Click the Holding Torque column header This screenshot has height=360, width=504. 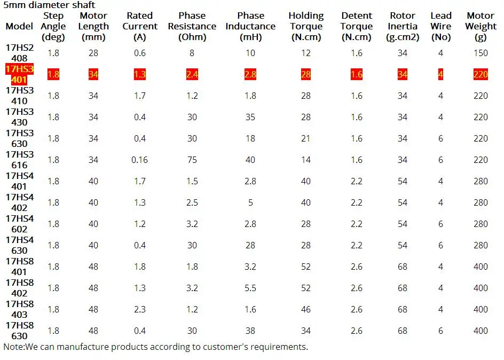pos(306,26)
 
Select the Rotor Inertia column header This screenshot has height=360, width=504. pos(403,26)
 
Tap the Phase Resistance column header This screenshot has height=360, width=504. pos(192,26)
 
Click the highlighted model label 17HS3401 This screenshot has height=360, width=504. pos(20,74)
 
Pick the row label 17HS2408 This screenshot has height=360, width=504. pos(20,53)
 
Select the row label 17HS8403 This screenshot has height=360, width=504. pos(20,309)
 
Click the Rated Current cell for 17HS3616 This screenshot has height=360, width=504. pos(139,160)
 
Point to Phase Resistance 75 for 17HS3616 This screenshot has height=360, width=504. pos(192,160)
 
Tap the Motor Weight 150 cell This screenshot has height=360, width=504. pos(481,53)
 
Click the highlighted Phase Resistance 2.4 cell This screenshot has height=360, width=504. pos(192,74)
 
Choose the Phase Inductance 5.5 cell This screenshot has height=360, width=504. pos(250,288)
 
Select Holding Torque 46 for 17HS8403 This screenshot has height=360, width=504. pos(306,309)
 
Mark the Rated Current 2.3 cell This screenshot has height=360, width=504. pos(140,309)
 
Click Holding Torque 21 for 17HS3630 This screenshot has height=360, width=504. pos(306,138)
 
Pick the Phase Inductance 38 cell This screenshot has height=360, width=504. pos(250,331)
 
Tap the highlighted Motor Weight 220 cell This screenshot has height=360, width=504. pos(481,74)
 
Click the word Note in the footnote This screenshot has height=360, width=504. pos(13,347)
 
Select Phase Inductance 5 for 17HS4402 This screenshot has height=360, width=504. pos(250,202)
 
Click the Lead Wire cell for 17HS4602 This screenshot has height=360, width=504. pos(440,224)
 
